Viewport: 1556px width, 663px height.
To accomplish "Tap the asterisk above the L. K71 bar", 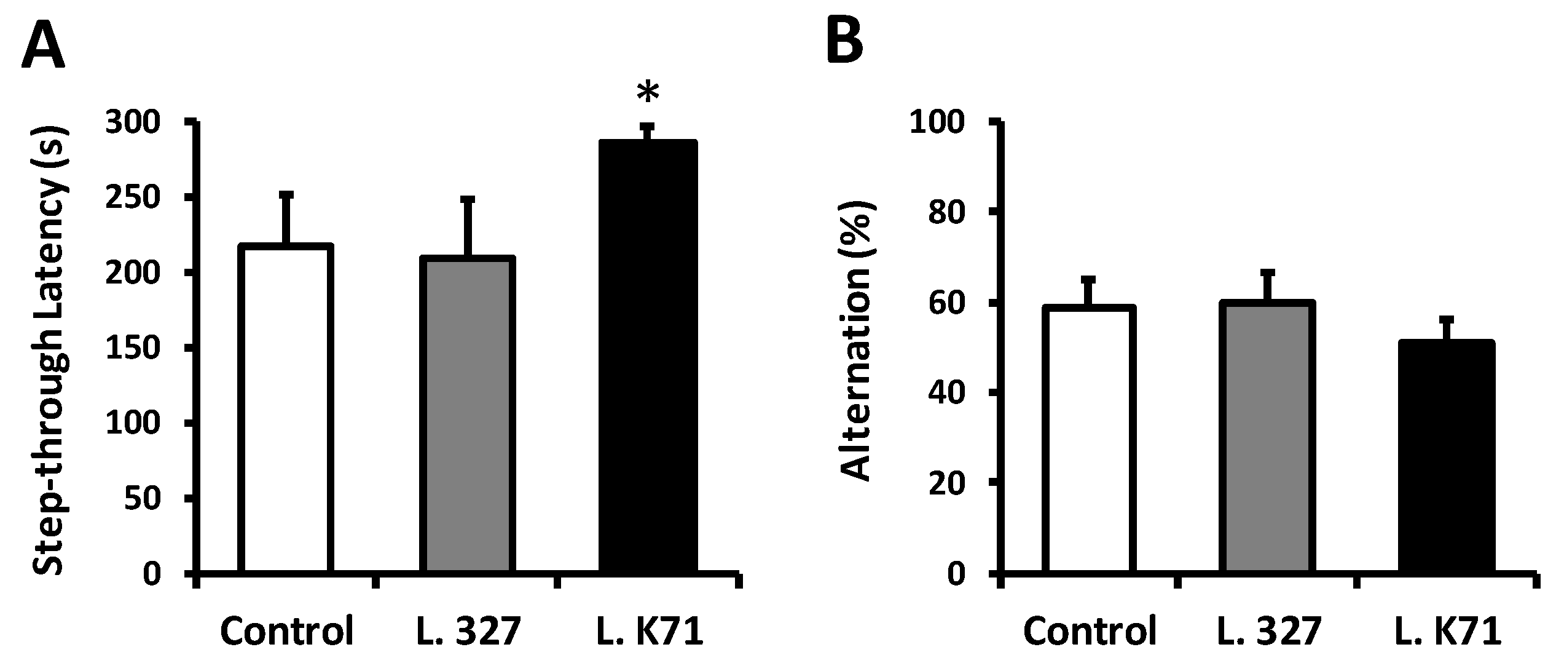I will (x=648, y=94).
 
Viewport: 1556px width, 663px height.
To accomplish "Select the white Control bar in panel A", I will (x=286, y=412).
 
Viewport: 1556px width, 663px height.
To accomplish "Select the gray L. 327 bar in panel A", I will (x=467, y=418).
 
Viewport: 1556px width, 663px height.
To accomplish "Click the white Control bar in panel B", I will (x=1089, y=443).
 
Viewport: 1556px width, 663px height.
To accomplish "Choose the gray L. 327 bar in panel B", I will (x=1267, y=440).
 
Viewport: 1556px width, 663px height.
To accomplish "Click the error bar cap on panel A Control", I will (x=286, y=195).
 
